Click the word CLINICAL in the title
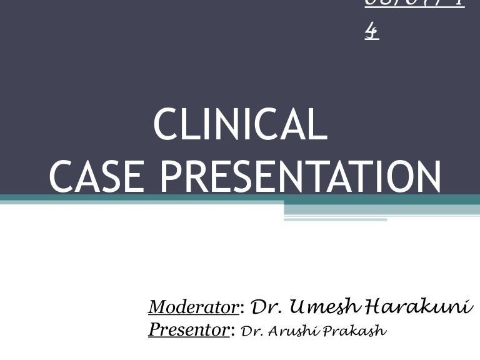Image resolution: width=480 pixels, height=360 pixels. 240,125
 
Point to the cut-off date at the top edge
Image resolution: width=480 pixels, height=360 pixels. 414,4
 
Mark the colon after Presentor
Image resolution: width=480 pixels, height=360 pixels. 233,331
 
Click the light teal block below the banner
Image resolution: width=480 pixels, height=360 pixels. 381,211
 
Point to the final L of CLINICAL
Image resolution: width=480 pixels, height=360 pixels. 319,125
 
